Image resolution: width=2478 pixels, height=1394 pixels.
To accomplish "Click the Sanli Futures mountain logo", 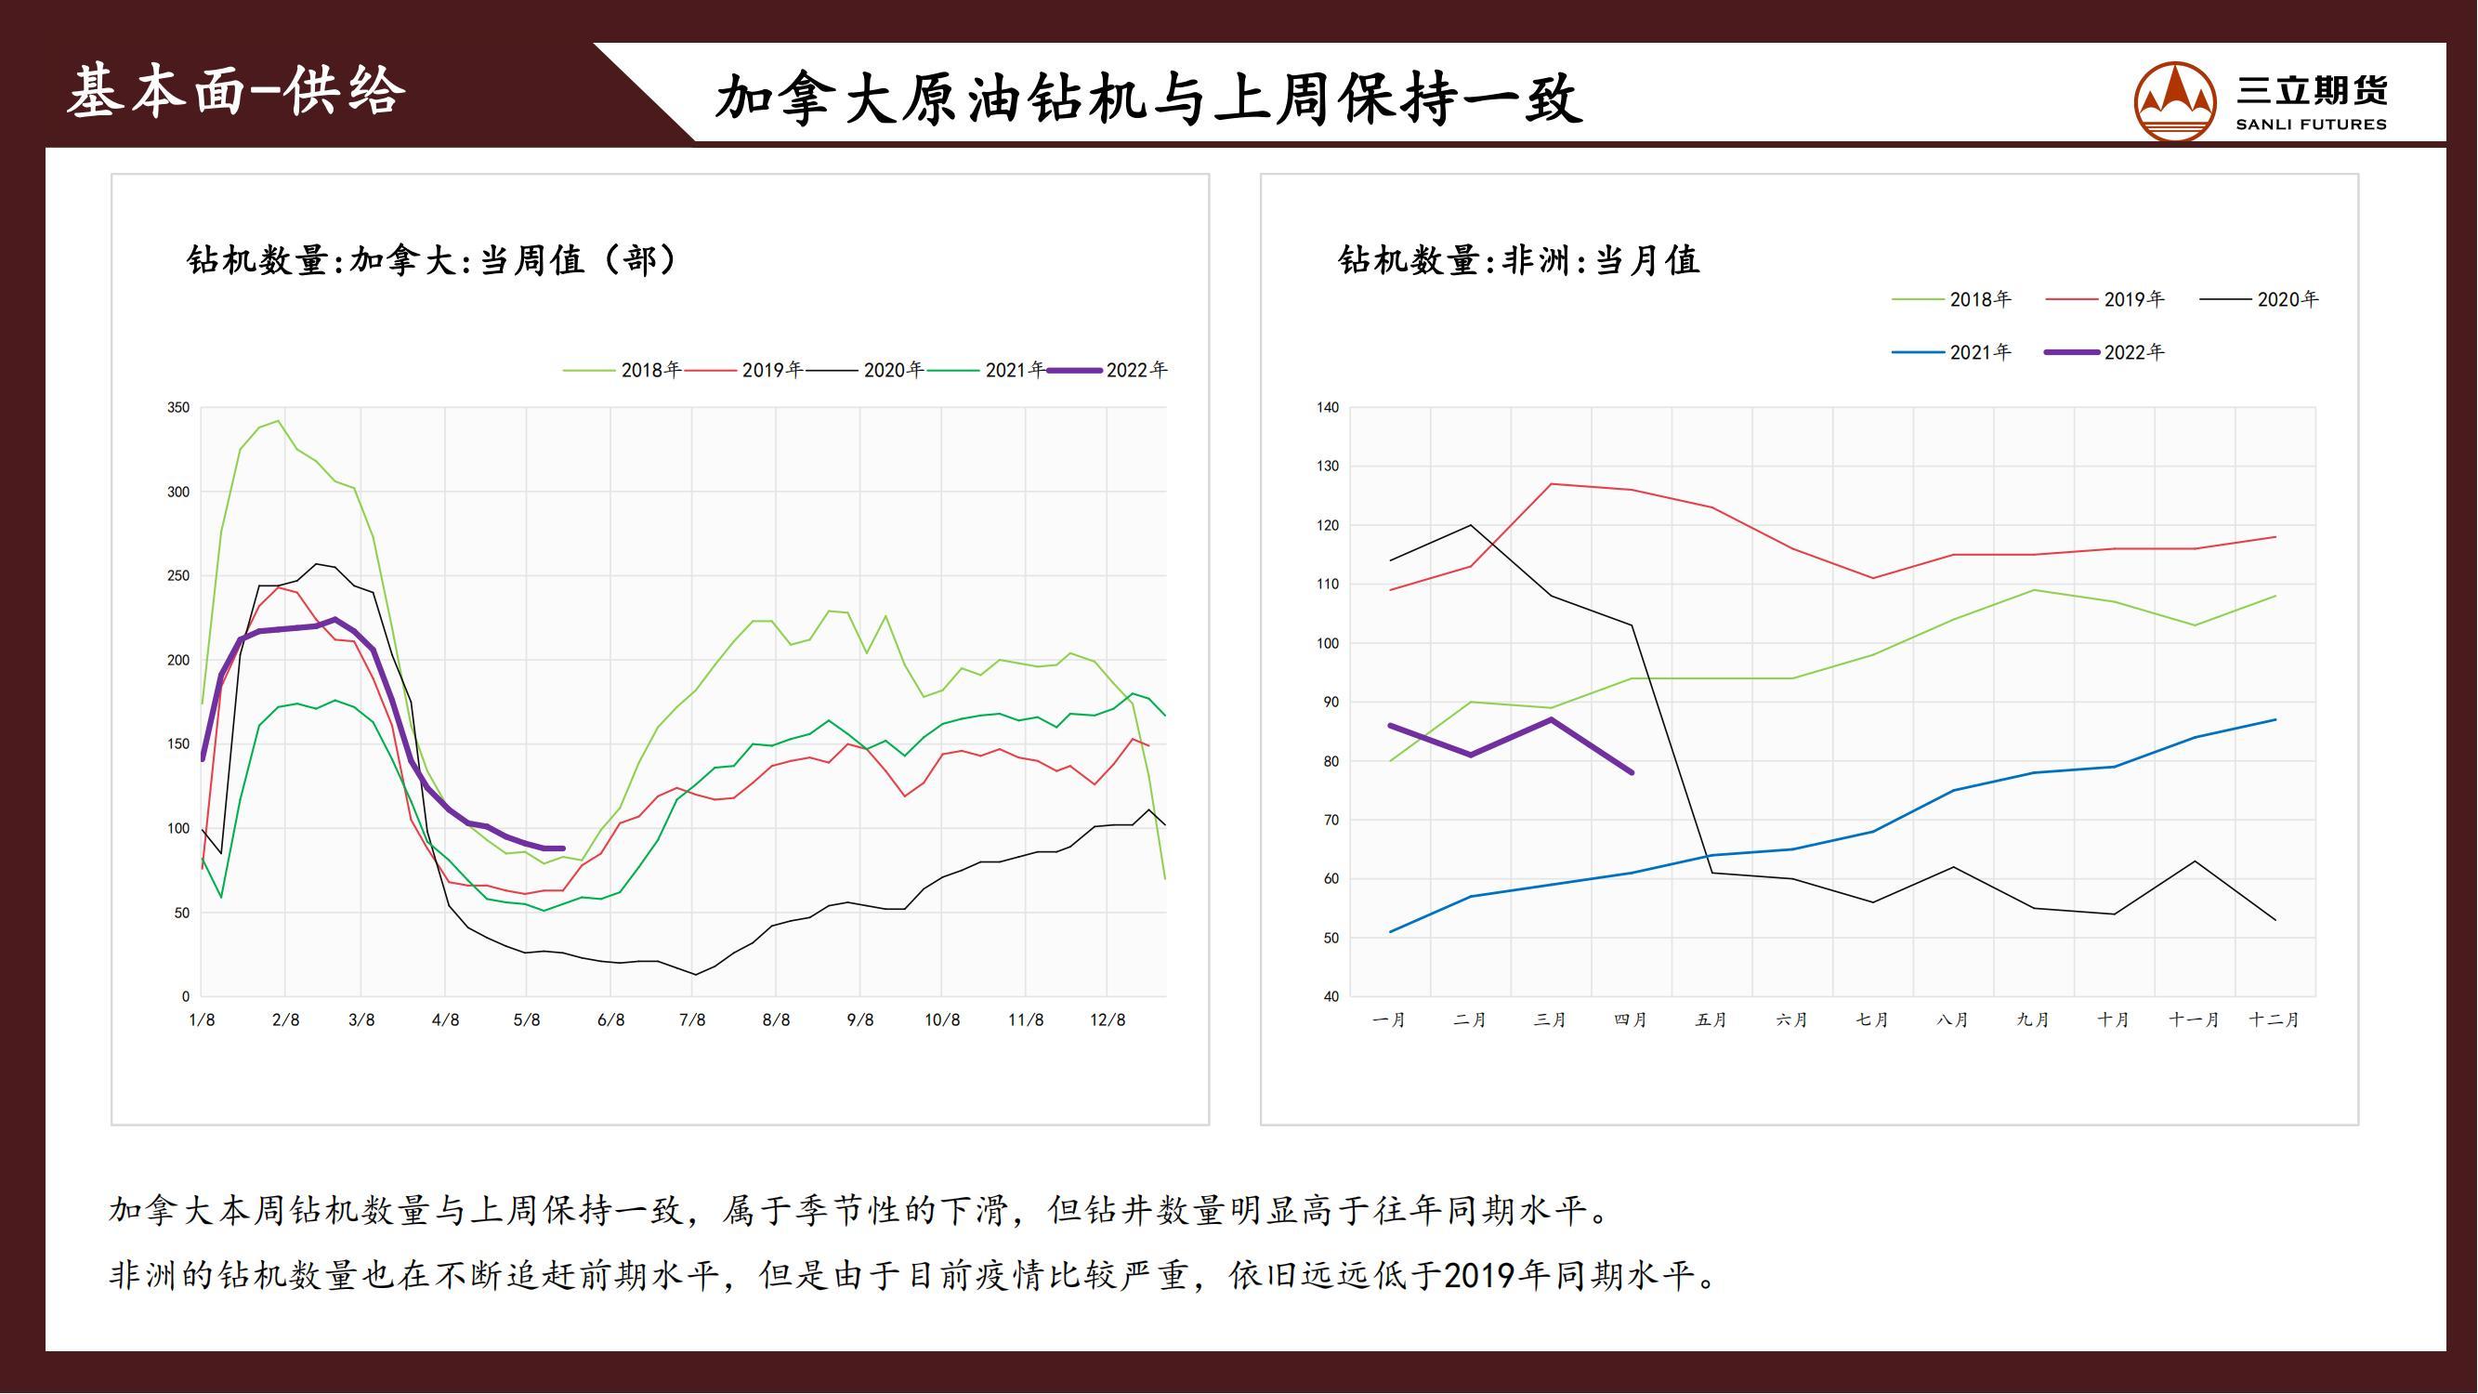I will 2174,101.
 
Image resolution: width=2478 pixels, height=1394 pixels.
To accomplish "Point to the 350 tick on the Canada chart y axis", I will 179,408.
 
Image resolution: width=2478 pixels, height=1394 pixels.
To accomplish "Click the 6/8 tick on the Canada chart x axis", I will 610,1019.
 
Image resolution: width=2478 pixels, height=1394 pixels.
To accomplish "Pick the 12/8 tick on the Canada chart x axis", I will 1108,1019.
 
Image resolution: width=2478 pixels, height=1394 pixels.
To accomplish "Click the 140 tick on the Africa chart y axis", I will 1328,408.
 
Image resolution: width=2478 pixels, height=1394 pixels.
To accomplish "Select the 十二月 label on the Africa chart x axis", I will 2275,1019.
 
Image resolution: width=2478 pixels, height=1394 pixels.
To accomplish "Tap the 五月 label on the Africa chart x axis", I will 1711,1019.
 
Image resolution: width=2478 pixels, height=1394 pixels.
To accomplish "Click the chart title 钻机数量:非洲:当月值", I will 1519,260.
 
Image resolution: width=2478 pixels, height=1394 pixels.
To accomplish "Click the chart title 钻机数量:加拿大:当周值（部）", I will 433,260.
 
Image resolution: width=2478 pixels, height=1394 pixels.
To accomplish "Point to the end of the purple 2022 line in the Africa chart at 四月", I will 1632,771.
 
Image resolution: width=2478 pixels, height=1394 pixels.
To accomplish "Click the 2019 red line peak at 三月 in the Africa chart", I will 1552,484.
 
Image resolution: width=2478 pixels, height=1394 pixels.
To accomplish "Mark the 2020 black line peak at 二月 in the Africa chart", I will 1471,525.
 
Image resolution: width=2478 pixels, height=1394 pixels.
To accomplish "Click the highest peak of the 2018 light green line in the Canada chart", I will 279,420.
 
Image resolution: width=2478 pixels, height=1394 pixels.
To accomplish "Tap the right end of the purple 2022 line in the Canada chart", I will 563,848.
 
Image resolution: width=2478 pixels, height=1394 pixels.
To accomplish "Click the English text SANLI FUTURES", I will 2311,125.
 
